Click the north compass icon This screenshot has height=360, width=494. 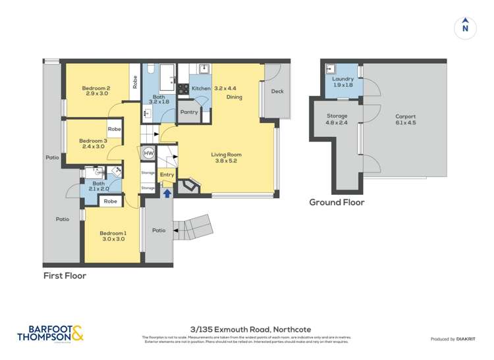click(465, 27)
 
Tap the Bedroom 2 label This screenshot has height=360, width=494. click(96, 89)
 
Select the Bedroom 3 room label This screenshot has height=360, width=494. click(93, 140)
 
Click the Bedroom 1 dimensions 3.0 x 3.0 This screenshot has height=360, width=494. click(113, 239)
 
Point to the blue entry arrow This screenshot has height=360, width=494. click(167, 193)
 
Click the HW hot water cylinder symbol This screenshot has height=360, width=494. click(148, 153)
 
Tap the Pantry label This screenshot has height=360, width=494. click(189, 112)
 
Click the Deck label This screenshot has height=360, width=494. click(277, 91)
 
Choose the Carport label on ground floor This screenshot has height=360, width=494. click(405, 116)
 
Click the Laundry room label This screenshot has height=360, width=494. click(343, 79)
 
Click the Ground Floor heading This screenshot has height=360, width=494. click(337, 203)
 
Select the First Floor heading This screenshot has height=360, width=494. click(65, 276)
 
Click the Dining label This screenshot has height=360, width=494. click(234, 97)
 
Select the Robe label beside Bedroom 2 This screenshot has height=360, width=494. click(135, 82)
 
